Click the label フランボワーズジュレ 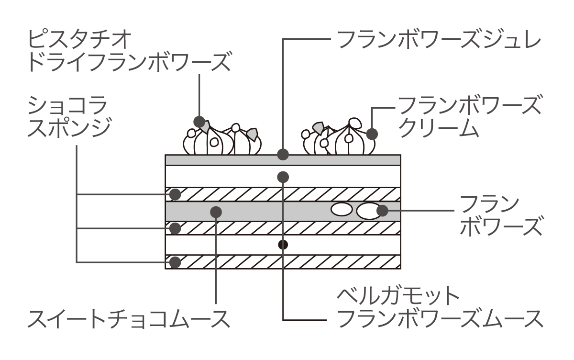click(x=439, y=40)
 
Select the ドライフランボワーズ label click(x=130, y=62)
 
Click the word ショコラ click(x=67, y=105)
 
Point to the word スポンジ click(x=70, y=128)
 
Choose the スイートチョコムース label click(x=129, y=319)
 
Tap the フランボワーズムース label click(x=440, y=319)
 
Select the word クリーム click(x=439, y=128)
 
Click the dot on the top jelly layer click(x=283, y=155)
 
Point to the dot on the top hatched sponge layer click(x=175, y=194)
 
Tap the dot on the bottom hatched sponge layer click(x=175, y=262)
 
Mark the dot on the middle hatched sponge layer click(x=175, y=228)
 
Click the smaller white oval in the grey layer click(x=342, y=209)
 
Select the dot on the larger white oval click(x=382, y=211)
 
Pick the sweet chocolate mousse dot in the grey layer click(x=216, y=212)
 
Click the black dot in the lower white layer click(x=283, y=245)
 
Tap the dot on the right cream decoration click(x=372, y=134)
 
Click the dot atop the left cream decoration click(x=199, y=122)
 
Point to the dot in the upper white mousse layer click(x=283, y=177)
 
